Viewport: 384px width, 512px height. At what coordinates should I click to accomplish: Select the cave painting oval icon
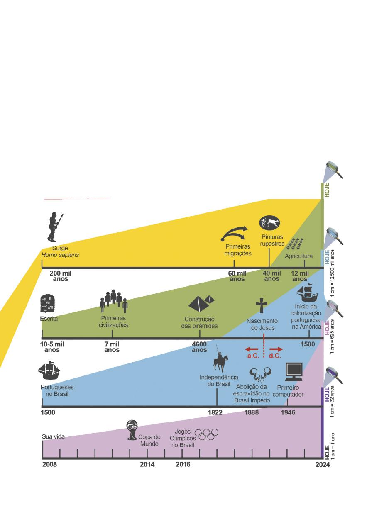pos(269,223)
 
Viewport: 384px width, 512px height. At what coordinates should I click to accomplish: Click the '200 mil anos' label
pos(61,276)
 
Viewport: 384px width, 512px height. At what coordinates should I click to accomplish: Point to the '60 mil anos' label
pos(237,276)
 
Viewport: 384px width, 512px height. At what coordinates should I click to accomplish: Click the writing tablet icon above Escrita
pos(48,303)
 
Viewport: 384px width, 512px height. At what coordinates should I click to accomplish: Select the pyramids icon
pos(201,303)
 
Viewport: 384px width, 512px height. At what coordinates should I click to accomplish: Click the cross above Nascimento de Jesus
pos(262,305)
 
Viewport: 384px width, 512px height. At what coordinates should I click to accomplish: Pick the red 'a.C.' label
pos(253,356)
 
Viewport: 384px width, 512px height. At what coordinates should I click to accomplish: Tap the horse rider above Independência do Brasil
pos(220,360)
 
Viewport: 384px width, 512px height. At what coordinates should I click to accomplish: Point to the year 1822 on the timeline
pos(215,412)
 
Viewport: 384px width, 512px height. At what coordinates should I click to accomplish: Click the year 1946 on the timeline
pos(288,412)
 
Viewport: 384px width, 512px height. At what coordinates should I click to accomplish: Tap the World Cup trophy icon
pos(132,430)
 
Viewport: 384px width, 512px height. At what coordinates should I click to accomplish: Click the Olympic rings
pos(206,434)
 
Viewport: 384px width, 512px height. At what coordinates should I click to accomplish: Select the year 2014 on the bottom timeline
pos(147,464)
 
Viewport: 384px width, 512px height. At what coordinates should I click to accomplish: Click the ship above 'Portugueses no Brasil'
pos(49,370)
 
